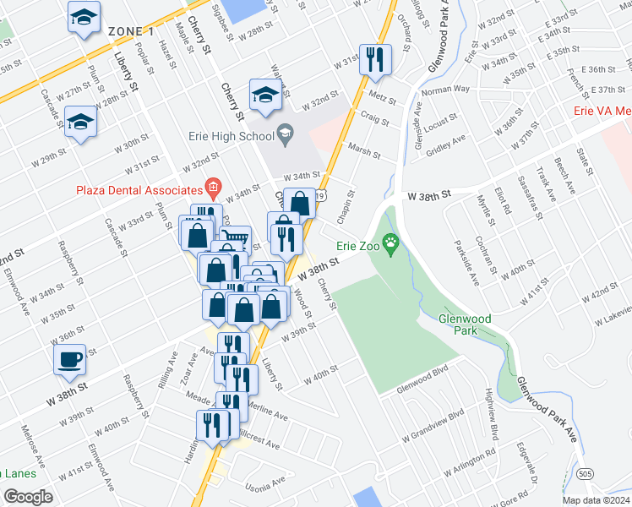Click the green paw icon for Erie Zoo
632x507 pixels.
tap(390, 246)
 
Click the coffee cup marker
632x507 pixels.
tap(69, 359)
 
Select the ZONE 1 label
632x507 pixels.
tap(131, 31)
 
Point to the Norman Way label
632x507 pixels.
tap(444, 89)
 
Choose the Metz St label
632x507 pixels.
tap(382, 98)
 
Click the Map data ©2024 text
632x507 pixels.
tap(595, 500)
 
